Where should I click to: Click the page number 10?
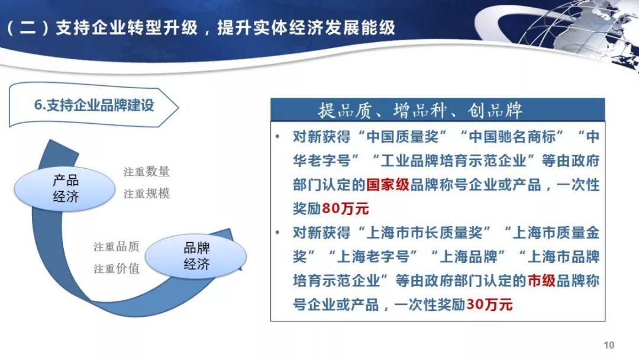(x=609, y=345)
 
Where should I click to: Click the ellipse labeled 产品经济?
(x=66, y=188)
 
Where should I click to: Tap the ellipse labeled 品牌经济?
(x=196, y=256)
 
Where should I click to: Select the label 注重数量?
(x=146, y=172)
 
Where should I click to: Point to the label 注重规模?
(x=146, y=193)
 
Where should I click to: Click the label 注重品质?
(x=116, y=247)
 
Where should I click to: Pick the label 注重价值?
(x=116, y=268)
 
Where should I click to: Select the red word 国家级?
(x=388, y=185)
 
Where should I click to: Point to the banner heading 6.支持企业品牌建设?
(x=93, y=106)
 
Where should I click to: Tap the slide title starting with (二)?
(x=201, y=28)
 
